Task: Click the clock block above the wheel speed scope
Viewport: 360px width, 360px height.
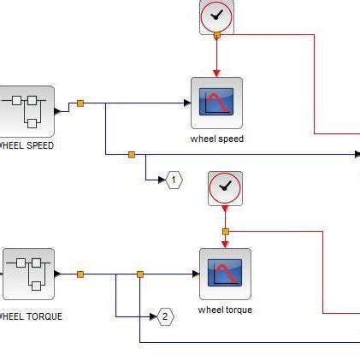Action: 216,15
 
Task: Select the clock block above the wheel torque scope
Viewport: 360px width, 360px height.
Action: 225,187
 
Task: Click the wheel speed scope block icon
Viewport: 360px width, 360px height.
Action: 216,103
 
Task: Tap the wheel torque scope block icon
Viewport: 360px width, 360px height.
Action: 225,274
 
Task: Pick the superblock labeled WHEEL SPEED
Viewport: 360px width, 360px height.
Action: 27,110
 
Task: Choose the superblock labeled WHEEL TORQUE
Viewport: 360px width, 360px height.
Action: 28,274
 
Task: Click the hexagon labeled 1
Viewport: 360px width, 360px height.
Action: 174,180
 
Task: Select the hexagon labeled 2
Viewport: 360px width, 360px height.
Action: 165,316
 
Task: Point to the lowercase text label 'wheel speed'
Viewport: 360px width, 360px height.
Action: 216,139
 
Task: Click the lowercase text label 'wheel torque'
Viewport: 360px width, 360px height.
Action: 225,310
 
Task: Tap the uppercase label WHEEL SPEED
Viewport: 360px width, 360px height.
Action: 26,145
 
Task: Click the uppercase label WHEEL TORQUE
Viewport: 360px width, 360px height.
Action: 30,316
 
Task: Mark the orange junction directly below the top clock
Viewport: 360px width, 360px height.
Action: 216,35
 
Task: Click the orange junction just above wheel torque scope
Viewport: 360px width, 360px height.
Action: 225,232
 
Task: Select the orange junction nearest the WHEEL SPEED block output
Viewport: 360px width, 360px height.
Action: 80,103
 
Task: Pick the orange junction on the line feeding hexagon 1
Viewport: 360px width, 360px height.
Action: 131,155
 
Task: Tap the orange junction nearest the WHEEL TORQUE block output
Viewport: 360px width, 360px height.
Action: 80,274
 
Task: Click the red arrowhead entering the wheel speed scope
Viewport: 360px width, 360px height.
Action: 216,73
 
